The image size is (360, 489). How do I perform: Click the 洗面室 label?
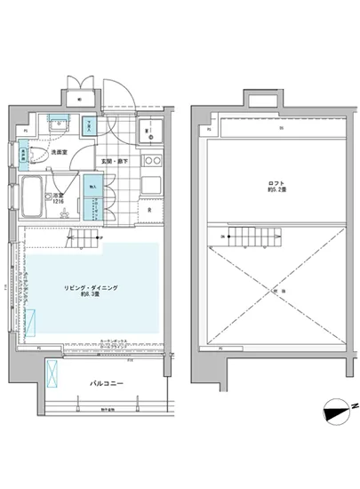(x=59, y=152)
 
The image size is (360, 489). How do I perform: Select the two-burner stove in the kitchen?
(x=148, y=161)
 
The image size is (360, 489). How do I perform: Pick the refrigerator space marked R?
(x=148, y=210)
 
